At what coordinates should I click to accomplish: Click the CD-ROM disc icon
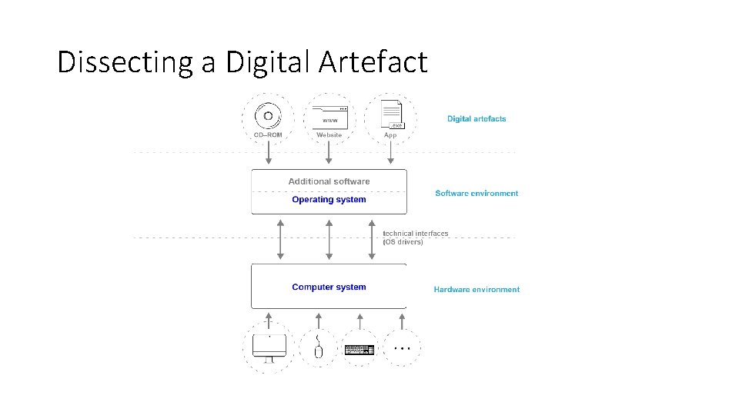point(268,116)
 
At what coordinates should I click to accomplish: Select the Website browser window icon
point(329,116)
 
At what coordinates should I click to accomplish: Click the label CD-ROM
point(267,135)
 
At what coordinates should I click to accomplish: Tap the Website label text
point(329,135)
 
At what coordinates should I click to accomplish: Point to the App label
point(390,135)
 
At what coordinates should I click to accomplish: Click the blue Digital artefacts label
point(477,119)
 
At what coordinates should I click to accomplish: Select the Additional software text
point(329,181)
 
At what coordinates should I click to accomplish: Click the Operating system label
point(329,200)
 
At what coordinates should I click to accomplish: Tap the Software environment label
point(477,194)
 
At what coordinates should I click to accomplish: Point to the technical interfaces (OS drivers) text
point(415,237)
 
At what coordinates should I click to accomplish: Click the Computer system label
point(329,287)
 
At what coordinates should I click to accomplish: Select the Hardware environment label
point(477,290)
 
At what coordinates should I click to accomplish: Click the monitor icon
point(269,348)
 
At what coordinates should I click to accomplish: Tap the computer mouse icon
point(319,350)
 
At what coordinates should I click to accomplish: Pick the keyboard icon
point(359,350)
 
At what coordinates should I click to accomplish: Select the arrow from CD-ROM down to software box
point(269,154)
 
